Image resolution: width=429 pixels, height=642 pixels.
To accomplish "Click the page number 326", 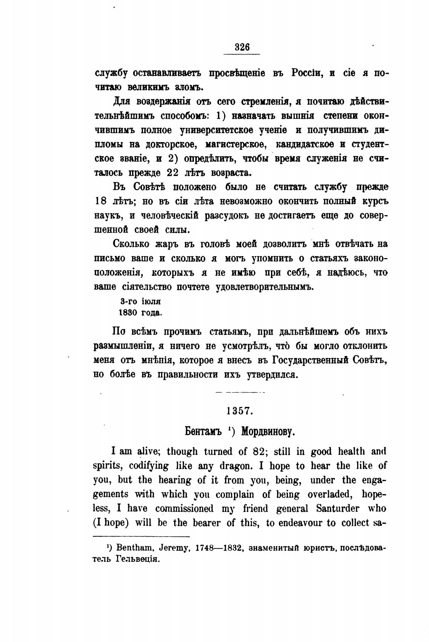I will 242,47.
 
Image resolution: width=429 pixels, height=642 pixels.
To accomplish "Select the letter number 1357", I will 240,411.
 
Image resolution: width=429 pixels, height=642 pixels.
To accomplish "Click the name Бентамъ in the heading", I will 202,431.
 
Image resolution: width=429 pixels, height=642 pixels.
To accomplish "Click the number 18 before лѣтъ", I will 100,201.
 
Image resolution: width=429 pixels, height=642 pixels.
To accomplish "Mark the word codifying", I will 149,466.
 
